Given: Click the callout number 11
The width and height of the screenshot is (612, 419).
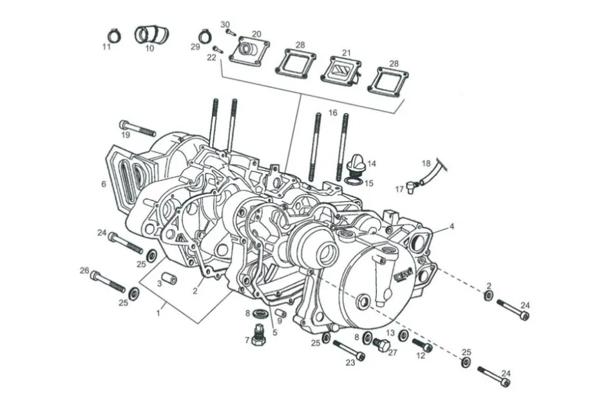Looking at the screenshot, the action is pyautogui.click(x=106, y=47).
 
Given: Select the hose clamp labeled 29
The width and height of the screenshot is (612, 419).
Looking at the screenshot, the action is pyautogui.click(x=205, y=36).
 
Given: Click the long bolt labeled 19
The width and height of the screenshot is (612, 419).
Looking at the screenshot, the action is pyautogui.click(x=138, y=128).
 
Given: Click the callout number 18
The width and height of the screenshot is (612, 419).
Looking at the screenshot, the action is pyautogui.click(x=426, y=163).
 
